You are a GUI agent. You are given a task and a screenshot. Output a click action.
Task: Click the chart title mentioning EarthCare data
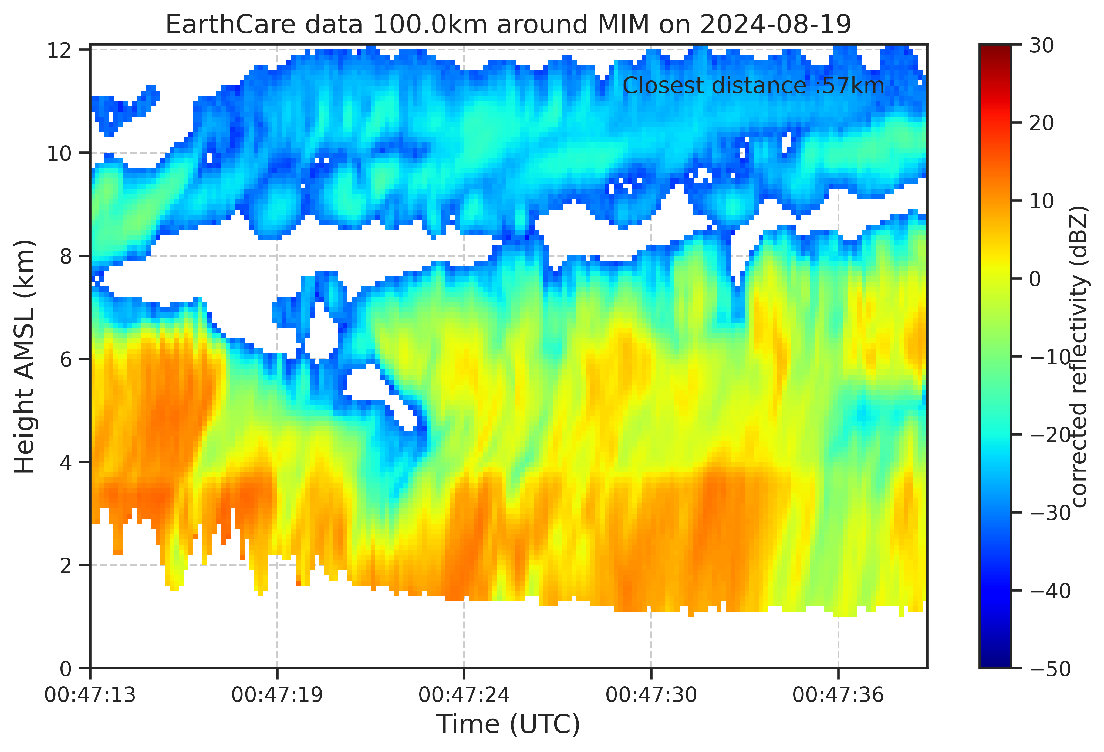[x=508, y=25]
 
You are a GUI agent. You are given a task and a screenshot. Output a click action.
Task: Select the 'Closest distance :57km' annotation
[x=754, y=86]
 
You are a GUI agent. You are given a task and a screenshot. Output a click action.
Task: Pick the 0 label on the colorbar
[x=1036, y=279]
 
